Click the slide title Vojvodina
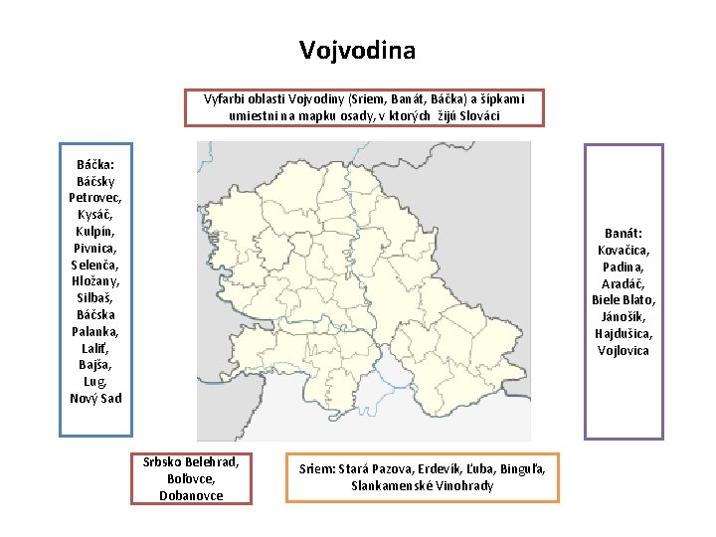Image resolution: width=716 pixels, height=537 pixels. (357, 49)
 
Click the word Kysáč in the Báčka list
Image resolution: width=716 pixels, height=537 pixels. (95, 215)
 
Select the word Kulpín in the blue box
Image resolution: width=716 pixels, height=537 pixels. (95, 231)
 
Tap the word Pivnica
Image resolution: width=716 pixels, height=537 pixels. (95, 248)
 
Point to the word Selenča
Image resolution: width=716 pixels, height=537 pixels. (95, 265)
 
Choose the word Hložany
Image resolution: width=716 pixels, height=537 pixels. (95, 281)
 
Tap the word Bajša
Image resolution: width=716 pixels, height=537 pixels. (95, 365)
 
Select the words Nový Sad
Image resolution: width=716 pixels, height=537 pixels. (95, 398)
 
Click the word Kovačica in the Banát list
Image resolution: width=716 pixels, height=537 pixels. (625, 250)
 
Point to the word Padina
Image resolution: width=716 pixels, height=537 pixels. (625, 267)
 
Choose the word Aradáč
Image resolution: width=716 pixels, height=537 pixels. (625, 283)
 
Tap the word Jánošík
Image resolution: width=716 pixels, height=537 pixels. (625, 316)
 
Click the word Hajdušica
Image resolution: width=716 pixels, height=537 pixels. (625, 333)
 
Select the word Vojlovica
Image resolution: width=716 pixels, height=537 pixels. (625, 350)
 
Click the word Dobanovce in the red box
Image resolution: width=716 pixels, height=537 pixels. (191, 494)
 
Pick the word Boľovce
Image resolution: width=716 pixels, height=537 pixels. (191, 478)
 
